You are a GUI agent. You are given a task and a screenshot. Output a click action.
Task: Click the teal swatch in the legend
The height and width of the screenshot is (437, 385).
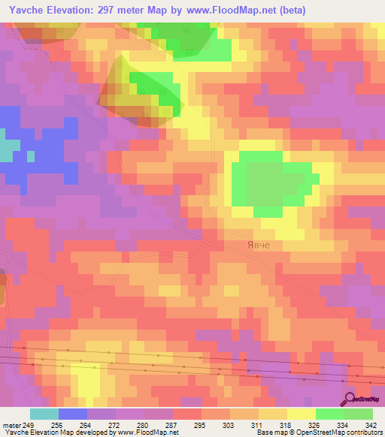pyautogui.click(x=44, y=414)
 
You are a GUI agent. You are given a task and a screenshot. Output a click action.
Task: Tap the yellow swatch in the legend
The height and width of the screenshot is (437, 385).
pyautogui.click(x=301, y=414)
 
